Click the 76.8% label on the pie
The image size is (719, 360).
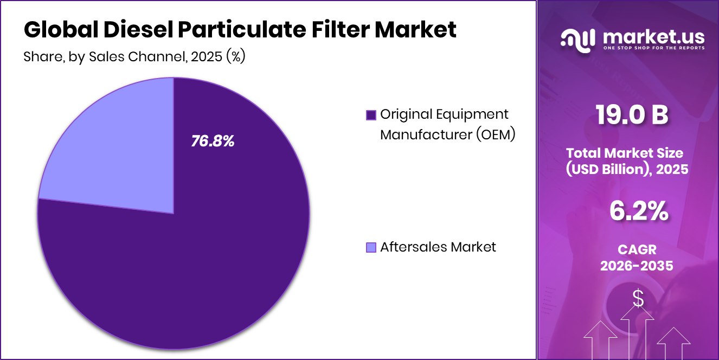pyautogui.click(x=213, y=142)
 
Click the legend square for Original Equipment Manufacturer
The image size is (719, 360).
pyautogui.click(x=371, y=115)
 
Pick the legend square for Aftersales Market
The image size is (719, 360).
pyautogui.click(x=371, y=247)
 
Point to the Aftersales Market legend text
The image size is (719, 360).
pyautogui.click(x=438, y=247)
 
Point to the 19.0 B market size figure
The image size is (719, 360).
pyautogui.click(x=631, y=115)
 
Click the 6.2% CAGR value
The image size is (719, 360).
pyautogui.click(x=638, y=211)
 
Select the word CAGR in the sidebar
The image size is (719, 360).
pyautogui.click(x=637, y=249)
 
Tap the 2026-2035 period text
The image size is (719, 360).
pyautogui.click(x=637, y=266)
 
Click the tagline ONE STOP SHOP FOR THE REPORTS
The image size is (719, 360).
pyautogui.click(x=653, y=48)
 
